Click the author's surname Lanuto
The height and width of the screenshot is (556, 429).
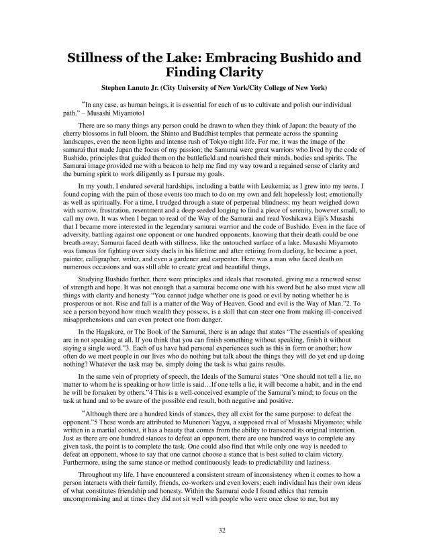click(x=151, y=88)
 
